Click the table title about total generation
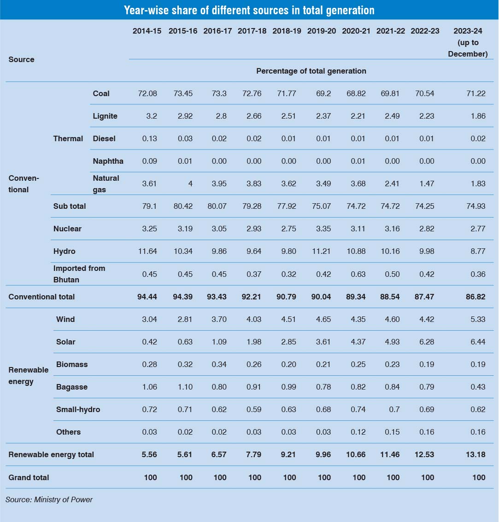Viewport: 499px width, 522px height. tap(249, 10)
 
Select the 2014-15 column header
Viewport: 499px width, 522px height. tap(147, 31)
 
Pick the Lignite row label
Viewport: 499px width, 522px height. tap(105, 116)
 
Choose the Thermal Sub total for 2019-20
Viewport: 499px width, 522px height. tap(321, 206)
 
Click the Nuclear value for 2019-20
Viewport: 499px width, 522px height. tap(321, 229)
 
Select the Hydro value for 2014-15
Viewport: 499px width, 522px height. tap(147, 251)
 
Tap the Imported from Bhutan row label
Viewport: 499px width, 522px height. tap(79, 274)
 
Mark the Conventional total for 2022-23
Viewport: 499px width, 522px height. tap(422, 297)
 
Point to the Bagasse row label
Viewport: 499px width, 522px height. tap(71, 387)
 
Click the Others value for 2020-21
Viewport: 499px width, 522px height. tap(358, 432)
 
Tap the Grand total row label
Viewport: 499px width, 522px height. tap(29, 477)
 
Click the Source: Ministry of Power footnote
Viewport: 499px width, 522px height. tap(49, 499)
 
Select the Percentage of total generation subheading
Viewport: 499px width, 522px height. tap(311, 71)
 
